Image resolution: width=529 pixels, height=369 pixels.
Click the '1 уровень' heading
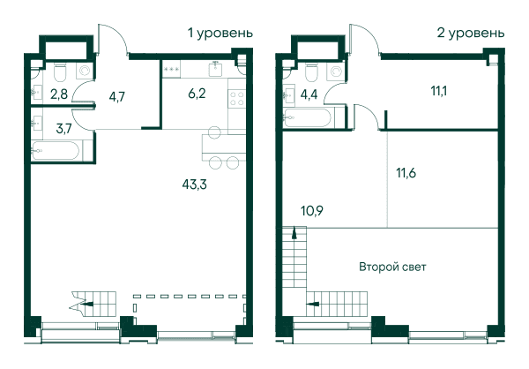(220, 34)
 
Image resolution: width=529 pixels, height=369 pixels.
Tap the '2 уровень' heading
(471, 34)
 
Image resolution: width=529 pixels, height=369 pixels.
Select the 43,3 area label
(194, 184)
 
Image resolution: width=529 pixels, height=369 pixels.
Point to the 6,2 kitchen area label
(197, 94)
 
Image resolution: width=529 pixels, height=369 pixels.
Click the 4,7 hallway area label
(117, 96)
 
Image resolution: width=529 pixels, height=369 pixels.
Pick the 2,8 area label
(59, 94)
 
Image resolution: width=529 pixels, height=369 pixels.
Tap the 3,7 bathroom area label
(63, 128)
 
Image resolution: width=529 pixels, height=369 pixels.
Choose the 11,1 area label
(439, 91)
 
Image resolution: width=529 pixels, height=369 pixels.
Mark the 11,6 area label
(406, 173)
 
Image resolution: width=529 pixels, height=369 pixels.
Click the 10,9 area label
(312, 211)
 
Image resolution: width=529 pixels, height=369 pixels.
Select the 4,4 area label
(309, 94)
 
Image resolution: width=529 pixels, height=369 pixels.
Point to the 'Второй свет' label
(392, 267)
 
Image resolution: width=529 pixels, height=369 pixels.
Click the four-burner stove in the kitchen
(237, 98)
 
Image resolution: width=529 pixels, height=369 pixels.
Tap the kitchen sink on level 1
(215, 69)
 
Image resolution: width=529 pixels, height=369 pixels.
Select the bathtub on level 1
(56, 150)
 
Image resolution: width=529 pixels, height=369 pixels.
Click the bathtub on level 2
(308, 117)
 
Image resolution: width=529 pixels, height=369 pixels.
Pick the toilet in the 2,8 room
(60, 72)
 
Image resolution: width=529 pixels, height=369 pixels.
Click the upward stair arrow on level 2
(294, 233)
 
